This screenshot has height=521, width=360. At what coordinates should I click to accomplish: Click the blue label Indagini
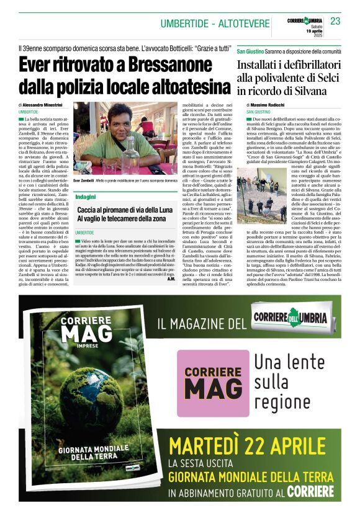pyautogui.click(x=85, y=196)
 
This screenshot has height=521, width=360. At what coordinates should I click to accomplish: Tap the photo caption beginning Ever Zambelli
pyautogui.click(x=124, y=180)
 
